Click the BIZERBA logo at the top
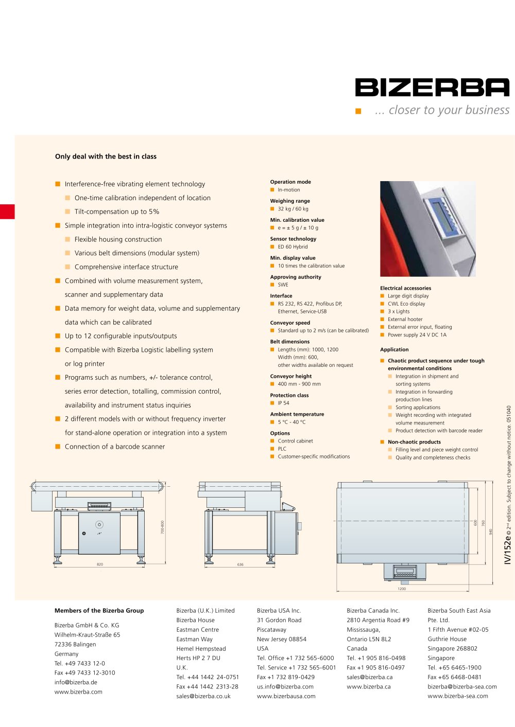pyautogui.click(x=432, y=87)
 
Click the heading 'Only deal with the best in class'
pyautogui.click(x=106, y=156)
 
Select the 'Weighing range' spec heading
pyautogui.click(x=290, y=201)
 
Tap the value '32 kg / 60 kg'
pyautogui.click(x=293, y=209)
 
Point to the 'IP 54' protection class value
pyautogui.click(x=283, y=403)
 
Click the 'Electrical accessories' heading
pyautogui.click(x=405, y=288)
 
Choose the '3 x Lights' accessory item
pyautogui.click(x=399, y=311)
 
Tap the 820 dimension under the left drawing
pyautogui.click(x=100, y=564)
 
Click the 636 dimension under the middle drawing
pyautogui.click(x=240, y=564)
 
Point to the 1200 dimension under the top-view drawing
pyautogui.click(x=402, y=589)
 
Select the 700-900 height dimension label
pyautogui.click(x=163, y=527)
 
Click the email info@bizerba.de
pyautogui.click(x=76, y=682)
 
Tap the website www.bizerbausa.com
pyautogui.click(x=286, y=696)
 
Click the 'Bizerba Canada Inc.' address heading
pyautogui.click(x=373, y=611)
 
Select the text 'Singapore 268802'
pyautogui.click(x=452, y=649)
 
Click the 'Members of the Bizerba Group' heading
pyautogui.click(x=99, y=611)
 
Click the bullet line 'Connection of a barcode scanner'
pyautogui.click(x=115, y=447)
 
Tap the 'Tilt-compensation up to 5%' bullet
pyautogui.click(x=117, y=211)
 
